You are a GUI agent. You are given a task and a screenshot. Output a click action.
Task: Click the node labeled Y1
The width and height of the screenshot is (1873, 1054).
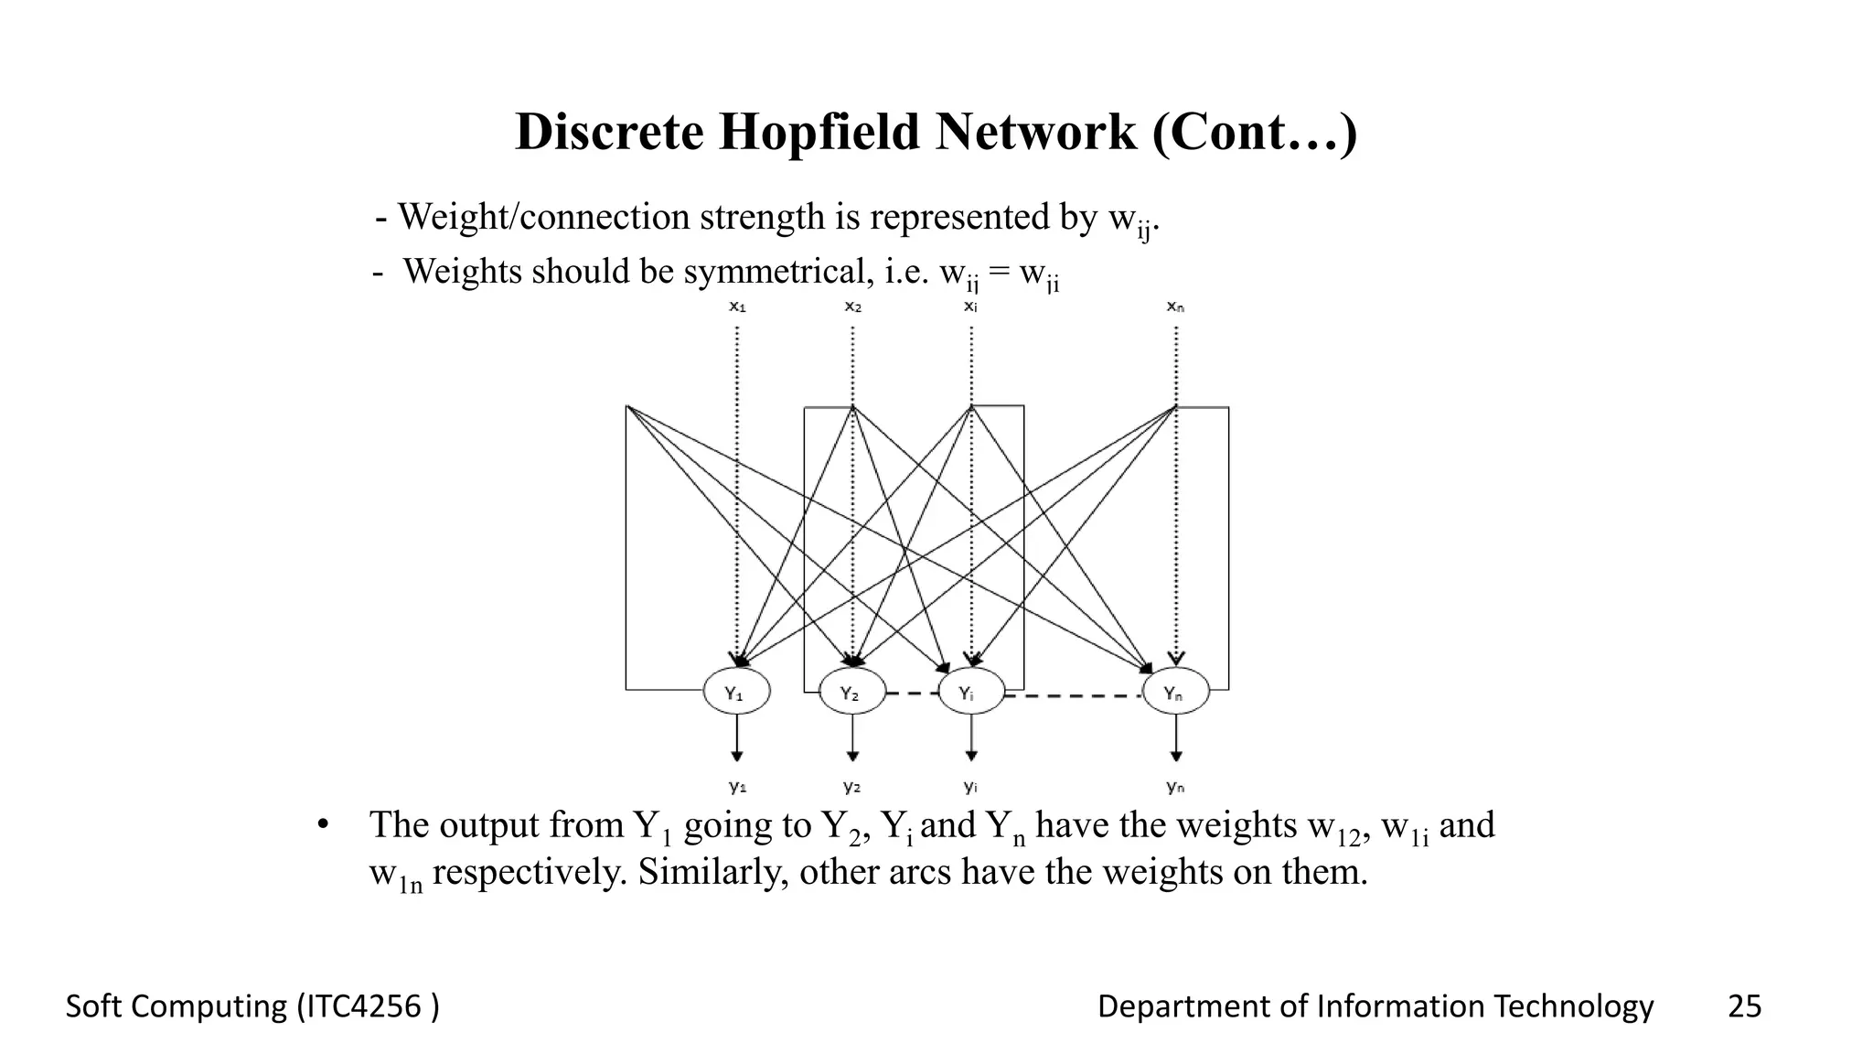736,693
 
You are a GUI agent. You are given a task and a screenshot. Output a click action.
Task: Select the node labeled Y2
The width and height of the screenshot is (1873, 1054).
851,693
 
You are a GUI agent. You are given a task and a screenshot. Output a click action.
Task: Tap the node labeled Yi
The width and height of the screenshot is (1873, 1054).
970,693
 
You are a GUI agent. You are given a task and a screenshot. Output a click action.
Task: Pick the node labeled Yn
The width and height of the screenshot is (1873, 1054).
1175,693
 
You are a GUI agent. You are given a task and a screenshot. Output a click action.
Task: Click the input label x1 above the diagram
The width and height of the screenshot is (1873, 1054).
737,307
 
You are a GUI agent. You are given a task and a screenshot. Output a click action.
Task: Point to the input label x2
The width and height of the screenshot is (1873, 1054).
852,307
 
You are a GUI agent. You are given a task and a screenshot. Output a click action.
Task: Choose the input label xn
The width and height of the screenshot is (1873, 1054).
1175,307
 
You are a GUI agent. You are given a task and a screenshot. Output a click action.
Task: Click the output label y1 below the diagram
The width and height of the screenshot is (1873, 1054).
737,786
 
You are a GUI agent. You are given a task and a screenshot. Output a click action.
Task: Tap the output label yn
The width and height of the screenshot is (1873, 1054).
1175,786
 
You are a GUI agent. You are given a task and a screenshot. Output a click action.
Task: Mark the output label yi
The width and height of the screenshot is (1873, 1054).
970,786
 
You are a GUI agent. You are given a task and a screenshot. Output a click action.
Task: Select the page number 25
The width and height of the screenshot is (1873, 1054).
1744,1006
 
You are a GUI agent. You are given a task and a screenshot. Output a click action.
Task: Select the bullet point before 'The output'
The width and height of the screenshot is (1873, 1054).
322,825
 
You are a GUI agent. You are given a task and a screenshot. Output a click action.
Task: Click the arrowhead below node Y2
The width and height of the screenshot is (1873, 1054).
852,756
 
